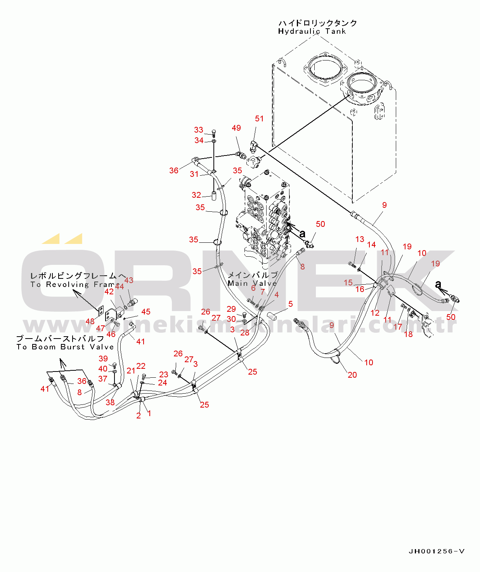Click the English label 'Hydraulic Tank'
click(x=312, y=31)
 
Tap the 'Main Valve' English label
click(x=252, y=283)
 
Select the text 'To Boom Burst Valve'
click(x=65, y=347)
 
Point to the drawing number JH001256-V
click(x=437, y=551)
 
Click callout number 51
click(x=259, y=119)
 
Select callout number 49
click(x=236, y=128)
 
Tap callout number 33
click(x=199, y=130)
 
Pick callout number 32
click(x=197, y=195)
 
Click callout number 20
click(x=352, y=375)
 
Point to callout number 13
click(x=360, y=239)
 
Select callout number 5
click(x=290, y=304)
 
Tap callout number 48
click(x=90, y=321)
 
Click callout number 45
click(x=146, y=312)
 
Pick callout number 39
click(x=103, y=359)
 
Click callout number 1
click(x=149, y=413)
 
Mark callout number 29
click(x=231, y=309)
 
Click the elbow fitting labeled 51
click(x=253, y=146)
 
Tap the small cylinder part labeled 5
click(x=271, y=317)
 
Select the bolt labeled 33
click(x=214, y=133)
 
